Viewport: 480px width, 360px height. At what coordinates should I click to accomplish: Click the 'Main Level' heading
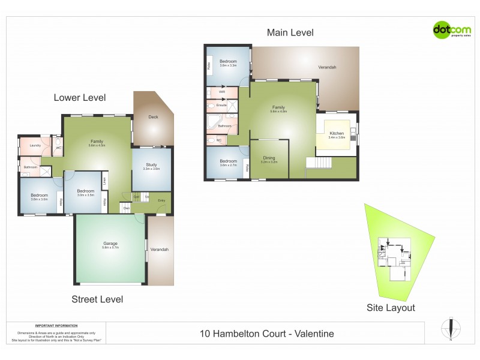[x=290, y=33]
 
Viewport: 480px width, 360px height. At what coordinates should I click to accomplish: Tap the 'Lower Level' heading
[x=80, y=97]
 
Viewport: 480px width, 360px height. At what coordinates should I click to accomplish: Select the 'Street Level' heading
[x=97, y=299]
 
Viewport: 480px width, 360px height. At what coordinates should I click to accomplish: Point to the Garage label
[x=110, y=243]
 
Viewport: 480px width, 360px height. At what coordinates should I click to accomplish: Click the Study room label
[x=151, y=164]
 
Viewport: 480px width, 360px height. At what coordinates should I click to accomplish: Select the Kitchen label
[x=336, y=133]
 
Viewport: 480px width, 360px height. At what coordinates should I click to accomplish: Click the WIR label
[x=221, y=92]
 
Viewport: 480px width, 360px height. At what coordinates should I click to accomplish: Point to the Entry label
[x=161, y=200]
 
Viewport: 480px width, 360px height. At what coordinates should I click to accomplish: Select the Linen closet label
[x=105, y=179]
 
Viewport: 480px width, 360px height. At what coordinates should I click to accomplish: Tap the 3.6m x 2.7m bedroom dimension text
[x=228, y=165]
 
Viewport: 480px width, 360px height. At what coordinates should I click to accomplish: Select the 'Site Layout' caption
[x=391, y=308]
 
